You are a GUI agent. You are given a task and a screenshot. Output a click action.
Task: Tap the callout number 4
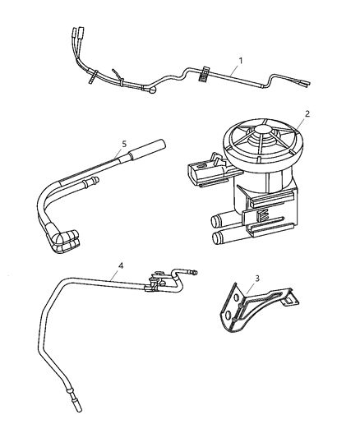(x=121, y=265)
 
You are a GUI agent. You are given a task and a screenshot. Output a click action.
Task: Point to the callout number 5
(x=124, y=144)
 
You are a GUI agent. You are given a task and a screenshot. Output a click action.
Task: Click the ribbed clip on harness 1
(x=201, y=76)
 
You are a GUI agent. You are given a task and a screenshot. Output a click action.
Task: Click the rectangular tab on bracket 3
(x=288, y=302)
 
